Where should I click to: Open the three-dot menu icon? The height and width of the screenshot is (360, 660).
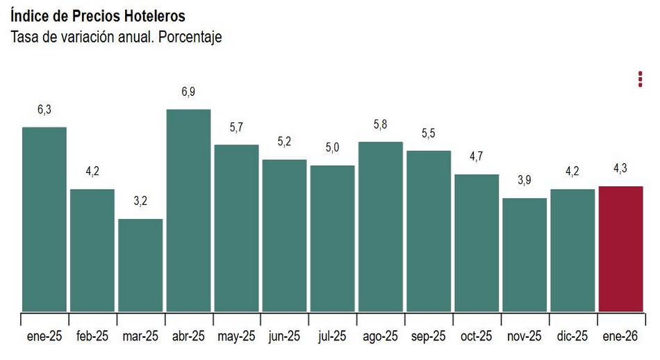coord(640,79)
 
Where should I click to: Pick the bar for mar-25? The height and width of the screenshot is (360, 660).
coord(140,265)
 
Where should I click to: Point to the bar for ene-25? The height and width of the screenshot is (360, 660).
coord(44,220)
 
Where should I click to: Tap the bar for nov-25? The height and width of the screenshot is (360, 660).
coord(525,255)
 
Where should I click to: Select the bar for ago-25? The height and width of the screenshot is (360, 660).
coord(381,227)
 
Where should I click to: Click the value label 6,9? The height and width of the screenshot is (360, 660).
coord(188,92)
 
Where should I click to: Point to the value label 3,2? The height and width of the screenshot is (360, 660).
coord(140,202)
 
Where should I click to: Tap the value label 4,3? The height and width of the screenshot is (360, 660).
coord(620,169)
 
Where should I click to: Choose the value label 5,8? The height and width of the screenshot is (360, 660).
coord(381,124)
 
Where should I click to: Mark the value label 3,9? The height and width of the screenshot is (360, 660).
coord(525,181)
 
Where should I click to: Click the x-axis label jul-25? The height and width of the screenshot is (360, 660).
coord(332,336)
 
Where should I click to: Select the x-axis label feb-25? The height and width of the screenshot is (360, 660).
coord(92,336)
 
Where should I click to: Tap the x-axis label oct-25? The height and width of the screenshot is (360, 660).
coord(477,336)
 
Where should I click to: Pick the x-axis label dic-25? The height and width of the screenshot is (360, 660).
coord(572,336)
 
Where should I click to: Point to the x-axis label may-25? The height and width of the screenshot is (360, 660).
coord(236,336)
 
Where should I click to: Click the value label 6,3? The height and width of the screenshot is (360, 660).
coord(44,110)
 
